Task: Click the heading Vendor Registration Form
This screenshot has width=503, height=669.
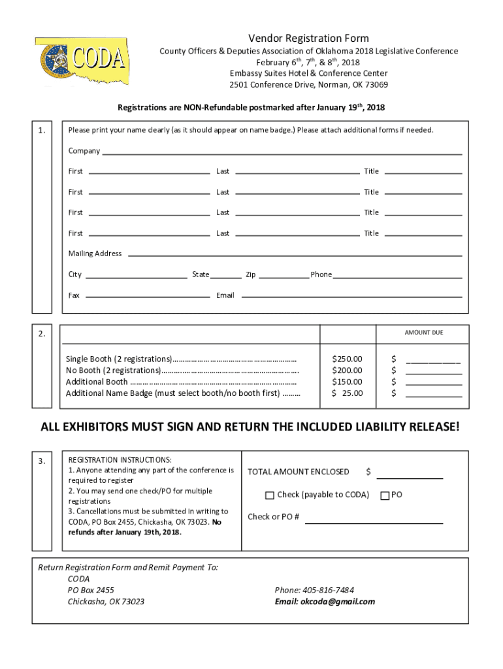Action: pos(308,39)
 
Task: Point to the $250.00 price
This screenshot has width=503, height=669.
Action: pos(347,359)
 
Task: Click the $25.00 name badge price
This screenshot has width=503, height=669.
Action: pos(347,393)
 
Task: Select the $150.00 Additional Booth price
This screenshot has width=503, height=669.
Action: pos(347,382)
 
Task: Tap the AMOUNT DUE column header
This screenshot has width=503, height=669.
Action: pos(423,333)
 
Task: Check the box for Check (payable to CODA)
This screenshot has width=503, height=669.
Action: pos(270,495)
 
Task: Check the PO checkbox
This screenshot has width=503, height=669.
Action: pos(385,495)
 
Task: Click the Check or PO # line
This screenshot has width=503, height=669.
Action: pos(374,520)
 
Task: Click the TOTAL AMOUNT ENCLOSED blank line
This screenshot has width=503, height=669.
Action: pos(410,475)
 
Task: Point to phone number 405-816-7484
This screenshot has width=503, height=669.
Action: pos(315,590)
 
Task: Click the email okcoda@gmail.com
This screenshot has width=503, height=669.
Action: pos(325,602)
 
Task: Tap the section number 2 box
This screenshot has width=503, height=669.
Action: pos(42,334)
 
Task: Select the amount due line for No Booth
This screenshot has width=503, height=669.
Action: pos(433,370)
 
